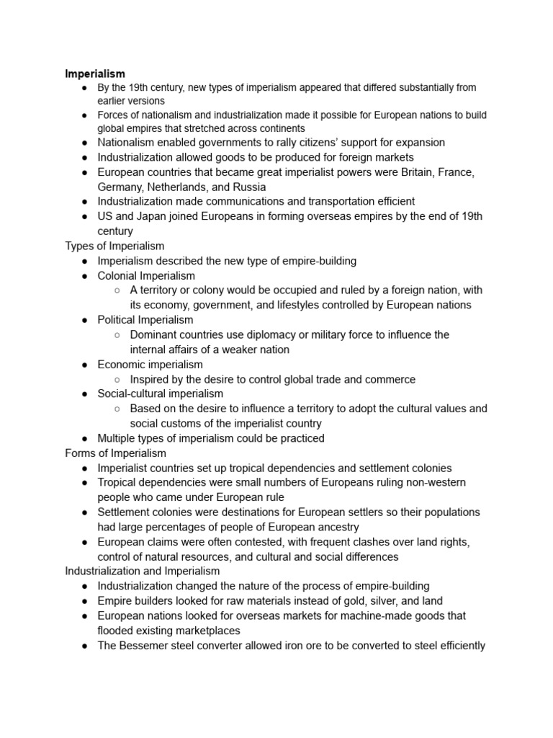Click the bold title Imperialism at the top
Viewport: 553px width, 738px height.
coord(95,74)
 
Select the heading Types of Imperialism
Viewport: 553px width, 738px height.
coord(114,246)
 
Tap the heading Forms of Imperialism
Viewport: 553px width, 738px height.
coord(115,453)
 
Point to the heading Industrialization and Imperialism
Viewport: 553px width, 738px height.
coord(143,572)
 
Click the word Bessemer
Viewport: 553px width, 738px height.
coord(145,646)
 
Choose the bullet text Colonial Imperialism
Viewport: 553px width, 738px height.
coord(146,275)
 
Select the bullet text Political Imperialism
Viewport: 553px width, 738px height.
coord(145,320)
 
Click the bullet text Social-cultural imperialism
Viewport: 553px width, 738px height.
coord(161,394)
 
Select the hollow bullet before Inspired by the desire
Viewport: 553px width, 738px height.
coord(117,380)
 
